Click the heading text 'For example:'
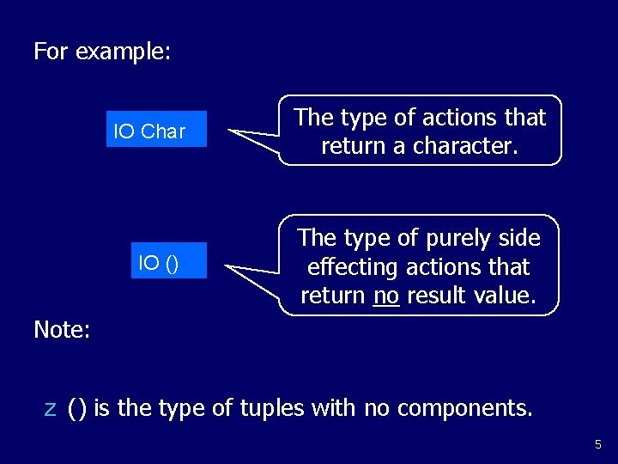tap(102, 52)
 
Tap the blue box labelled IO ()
tap(170, 260)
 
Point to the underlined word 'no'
tap(387, 296)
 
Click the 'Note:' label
tap(62, 329)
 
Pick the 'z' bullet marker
tap(50, 408)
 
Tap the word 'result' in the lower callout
tap(441, 296)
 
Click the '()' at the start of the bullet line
tap(77, 408)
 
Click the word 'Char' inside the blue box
tap(163, 131)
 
